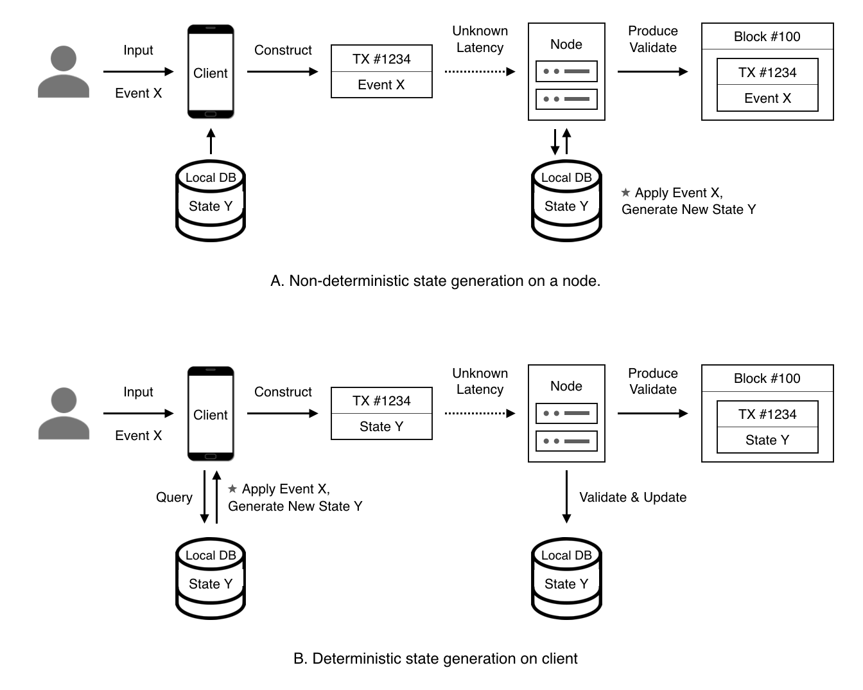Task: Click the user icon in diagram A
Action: tap(64, 72)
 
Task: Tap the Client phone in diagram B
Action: tap(211, 414)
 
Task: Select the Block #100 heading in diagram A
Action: tap(767, 37)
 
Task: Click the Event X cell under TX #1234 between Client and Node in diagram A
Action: tap(381, 85)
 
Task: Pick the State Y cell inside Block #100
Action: tap(767, 440)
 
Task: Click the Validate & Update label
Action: tap(632, 497)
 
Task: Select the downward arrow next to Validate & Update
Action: tap(566, 497)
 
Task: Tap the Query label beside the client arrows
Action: tap(174, 497)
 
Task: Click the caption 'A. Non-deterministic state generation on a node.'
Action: tap(435, 281)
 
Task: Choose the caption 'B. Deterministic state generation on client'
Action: tap(435, 659)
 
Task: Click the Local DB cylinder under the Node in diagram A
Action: tap(566, 200)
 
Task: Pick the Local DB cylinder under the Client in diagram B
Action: tap(211, 578)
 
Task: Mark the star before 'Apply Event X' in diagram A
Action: tap(625, 192)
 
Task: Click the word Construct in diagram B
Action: tap(283, 392)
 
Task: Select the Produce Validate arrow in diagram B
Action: tap(652, 413)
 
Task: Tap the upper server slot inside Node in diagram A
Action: tap(566, 71)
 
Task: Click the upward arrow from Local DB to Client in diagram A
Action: tap(211, 141)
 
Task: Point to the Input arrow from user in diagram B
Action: tap(138, 413)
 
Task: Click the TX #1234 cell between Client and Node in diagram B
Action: tap(381, 401)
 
